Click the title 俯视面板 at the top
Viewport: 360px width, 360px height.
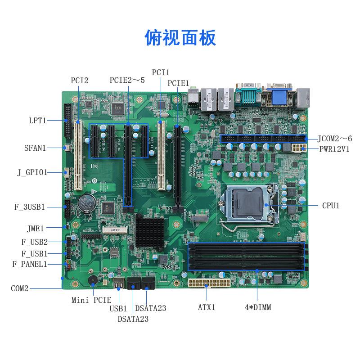[180, 37]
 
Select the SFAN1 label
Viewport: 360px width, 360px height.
[35, 148]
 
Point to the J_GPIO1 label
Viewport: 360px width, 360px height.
[32, 172]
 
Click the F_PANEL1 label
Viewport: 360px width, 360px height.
[29, 264]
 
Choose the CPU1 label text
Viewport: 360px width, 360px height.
[331, 205]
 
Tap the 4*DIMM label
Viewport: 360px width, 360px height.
[257, 308]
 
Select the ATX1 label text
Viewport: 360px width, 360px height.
[207, 308]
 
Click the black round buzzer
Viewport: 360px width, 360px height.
[91, 280]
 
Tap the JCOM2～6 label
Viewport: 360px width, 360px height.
[335, 139]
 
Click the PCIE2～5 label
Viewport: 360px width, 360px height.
[127, 81]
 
